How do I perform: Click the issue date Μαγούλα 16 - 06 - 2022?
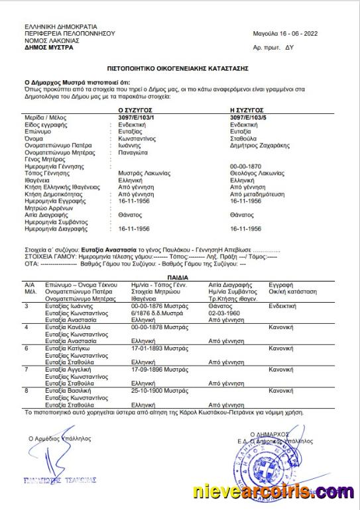284,32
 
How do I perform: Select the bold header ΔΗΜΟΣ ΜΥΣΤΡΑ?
50,48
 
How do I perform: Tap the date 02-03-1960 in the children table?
223,313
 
